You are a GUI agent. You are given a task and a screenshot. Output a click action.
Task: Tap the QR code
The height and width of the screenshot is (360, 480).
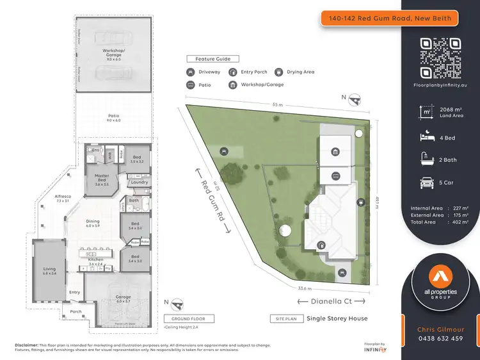click(440, 58)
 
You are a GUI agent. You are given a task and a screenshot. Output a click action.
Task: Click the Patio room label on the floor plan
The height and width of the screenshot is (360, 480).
click(113, 117)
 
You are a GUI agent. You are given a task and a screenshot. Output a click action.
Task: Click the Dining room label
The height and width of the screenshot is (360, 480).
click(93, 222)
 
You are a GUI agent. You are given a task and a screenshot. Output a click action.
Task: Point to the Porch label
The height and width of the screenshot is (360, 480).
click(76, 312)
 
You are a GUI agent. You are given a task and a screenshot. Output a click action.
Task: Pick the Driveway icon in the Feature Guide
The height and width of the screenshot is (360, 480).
click(191, 72)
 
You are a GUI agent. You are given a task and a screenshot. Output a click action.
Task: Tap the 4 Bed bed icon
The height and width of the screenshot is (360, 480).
click(423, 137)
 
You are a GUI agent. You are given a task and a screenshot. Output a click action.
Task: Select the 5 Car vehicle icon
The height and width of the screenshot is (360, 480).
click(423, 183)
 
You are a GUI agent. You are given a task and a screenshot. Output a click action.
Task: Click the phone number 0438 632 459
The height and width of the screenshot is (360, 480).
click(440, 339)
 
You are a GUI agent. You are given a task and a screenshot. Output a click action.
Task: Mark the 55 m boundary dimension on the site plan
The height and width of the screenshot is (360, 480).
click(277, 104)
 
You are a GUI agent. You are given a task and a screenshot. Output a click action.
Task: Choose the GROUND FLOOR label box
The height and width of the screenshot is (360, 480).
click(189, 318)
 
